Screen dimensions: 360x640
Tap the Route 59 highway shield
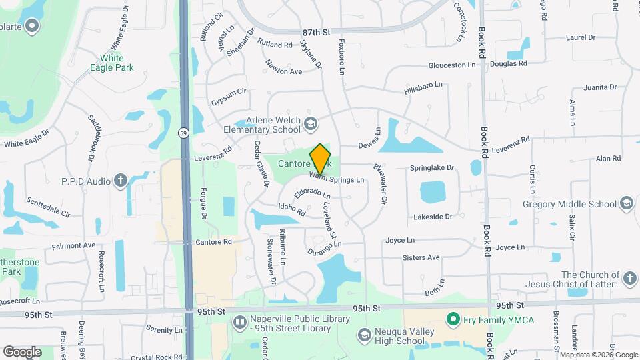tap(183, 133)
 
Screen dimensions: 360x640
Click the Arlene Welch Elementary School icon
tap(310, 123)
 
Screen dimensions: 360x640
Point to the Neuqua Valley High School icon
tap(364, 335)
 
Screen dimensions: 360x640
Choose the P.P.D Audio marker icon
tap(121, 181)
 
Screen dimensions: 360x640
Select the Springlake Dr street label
tap(431, 168)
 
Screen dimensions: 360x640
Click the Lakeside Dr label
tap(433, 217)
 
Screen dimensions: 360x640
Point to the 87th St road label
tap(316, 32)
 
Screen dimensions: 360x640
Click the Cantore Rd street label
tap(213, 242)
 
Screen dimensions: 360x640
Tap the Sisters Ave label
tap(421, 257)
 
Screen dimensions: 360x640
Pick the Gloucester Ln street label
tap(452, 65)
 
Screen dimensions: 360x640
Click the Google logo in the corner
tap(22, 351)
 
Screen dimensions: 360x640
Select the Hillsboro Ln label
tap(423, 88)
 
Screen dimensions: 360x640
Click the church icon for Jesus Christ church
tap(629, 277)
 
